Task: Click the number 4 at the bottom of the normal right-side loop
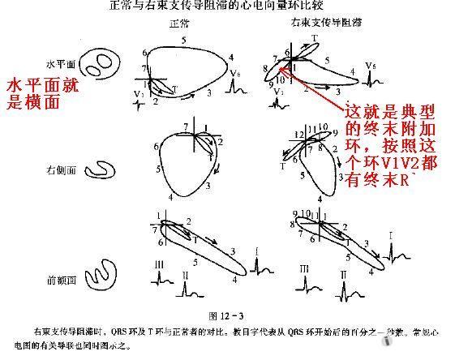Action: click(171, 197)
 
